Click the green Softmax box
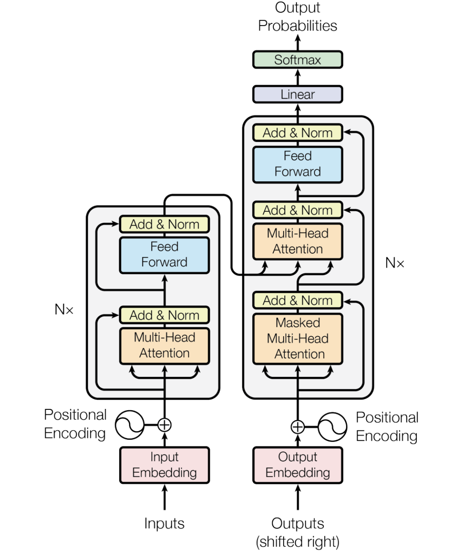pyautogui.click(x=298, y=60)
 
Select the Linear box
pyautogui.click(x=298, y=94)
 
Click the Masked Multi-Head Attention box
pyautogui.click(x=298, y=339)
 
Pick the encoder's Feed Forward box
pyautogui.click(x=164, y=255)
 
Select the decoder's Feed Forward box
pyautogui.click(x=298, y=164)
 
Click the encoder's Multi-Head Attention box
pyautogui.click(x=164, y=346)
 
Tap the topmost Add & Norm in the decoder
pyautogui.click(x=298, y=132)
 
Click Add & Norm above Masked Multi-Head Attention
pyautogui.click(x=298, y=300)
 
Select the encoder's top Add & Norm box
pyautogui.click(x=164, y=224)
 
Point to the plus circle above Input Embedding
pyautogui.click(x=164, y=425)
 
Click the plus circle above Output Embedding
pyautogui.click(x=298, y=427)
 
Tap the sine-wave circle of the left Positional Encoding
pyautogui.click(x=129, y=425)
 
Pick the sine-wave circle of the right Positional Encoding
pyautogui.click(x=332, y=427)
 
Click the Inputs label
pyautogui.click(x=164, y=523)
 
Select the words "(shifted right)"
pyautogui.click(x=298, y=542)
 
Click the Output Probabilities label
pyautogui.click(x=298, y=16)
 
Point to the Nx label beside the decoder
pyautogui.click(x=395, y=263)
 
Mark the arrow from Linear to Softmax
pyautogui.click(x=298, y=77)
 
